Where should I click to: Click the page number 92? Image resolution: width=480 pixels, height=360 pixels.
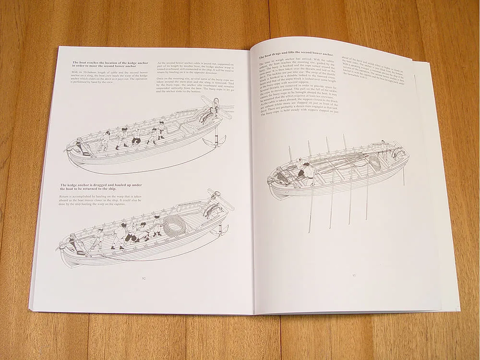[x=144, y=277]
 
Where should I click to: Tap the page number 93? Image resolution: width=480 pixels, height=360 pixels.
[x=354, y=275]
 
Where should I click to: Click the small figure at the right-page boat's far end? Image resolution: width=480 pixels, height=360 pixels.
[x=384, y=144]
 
